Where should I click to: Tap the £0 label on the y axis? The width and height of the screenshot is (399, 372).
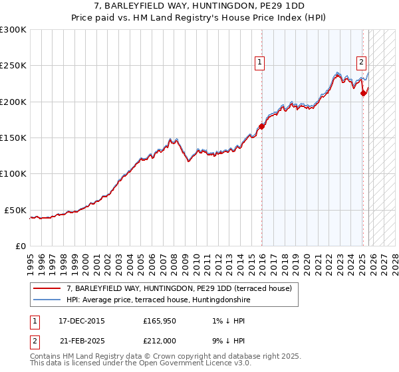coord(19,246)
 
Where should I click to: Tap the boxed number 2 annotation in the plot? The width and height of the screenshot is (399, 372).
coord(361,62)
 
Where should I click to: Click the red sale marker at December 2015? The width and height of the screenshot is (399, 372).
coord(262,126)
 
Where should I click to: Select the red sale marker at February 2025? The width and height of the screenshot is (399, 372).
coord(363,93)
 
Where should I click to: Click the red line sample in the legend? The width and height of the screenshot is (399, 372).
coord(47,289)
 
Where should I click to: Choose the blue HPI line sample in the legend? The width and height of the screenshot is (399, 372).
coord(47,300)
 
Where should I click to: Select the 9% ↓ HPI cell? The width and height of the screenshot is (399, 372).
coord(225,341)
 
